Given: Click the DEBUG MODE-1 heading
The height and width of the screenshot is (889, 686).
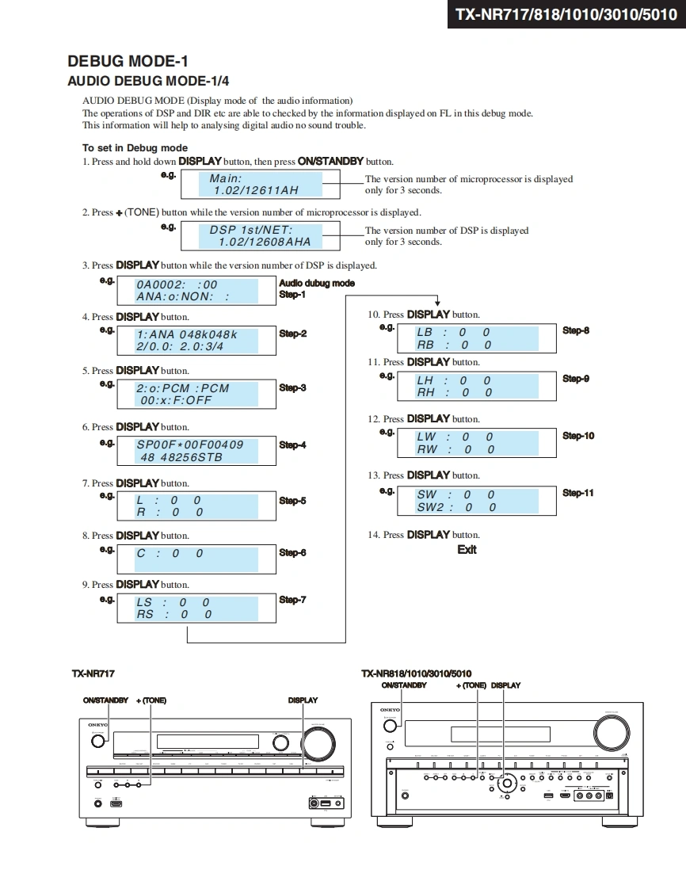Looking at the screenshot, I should pos(128,61).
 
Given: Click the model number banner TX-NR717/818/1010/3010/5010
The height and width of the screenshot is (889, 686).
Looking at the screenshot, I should pos(566,14).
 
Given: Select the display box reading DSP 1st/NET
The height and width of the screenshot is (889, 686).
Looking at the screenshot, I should pos(261,235).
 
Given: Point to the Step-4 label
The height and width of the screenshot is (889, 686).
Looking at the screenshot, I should pos(292,445).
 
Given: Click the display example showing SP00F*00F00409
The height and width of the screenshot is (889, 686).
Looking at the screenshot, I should pos(196,451).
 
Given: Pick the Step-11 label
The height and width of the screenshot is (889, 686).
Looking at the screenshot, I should pos(577,493).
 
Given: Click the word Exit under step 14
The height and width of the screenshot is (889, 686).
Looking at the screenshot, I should pos(467,550).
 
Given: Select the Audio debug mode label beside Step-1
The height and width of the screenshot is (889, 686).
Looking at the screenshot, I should pos(316,283).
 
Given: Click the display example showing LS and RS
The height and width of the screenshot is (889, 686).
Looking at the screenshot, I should pos(196,609).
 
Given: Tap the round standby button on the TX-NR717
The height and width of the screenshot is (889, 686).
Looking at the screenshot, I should pos(97,742).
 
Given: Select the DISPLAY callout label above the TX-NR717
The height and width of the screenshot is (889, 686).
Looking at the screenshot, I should pos(303,700).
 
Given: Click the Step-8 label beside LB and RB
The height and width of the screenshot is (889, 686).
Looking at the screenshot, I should pos(576,330).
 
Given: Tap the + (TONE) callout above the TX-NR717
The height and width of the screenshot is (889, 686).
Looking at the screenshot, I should pos(151,700).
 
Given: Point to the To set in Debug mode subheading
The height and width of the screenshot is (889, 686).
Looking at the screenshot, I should pos(135,147).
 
